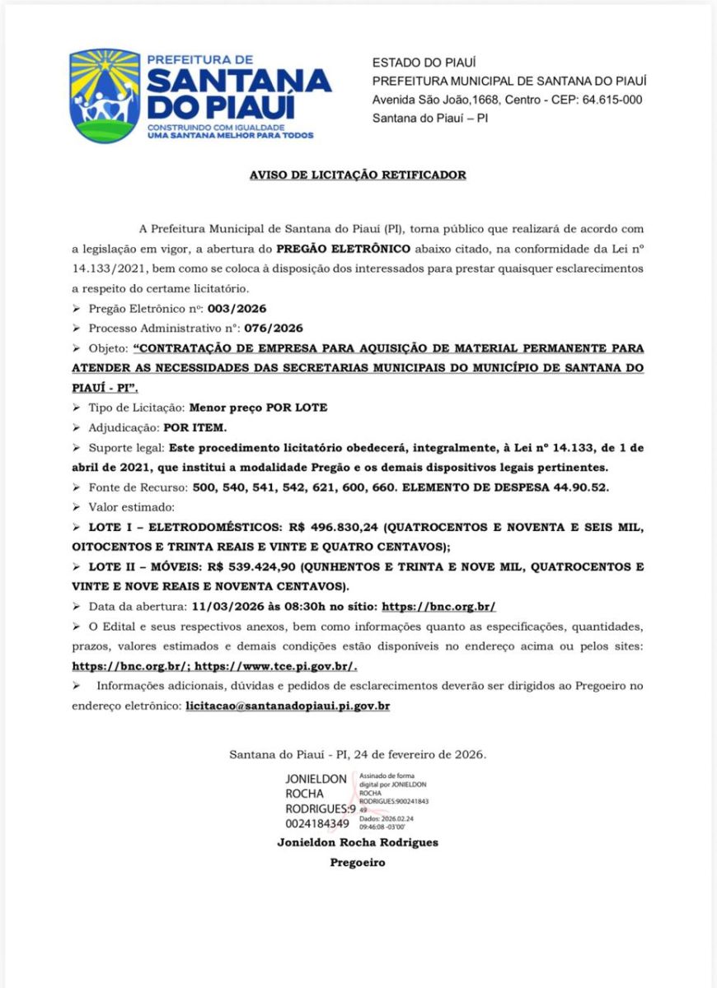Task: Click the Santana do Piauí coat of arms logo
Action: tap(105, 95)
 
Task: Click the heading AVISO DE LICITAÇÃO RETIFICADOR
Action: tap(358, 175)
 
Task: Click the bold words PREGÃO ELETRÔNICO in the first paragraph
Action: tap(343, 249)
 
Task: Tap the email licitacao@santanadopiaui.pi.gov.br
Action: tap(288, 706)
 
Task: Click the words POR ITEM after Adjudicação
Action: tap(194, 428)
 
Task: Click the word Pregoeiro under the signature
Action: tap(357, 864)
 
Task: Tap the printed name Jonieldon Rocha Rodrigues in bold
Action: tap(357, 843)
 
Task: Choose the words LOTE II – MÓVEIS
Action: tap(134, 568)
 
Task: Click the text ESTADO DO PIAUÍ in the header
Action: tap(424, 63)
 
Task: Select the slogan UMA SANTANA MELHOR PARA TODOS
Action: tap(230, 136)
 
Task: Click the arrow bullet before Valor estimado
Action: tap(77, 507)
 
